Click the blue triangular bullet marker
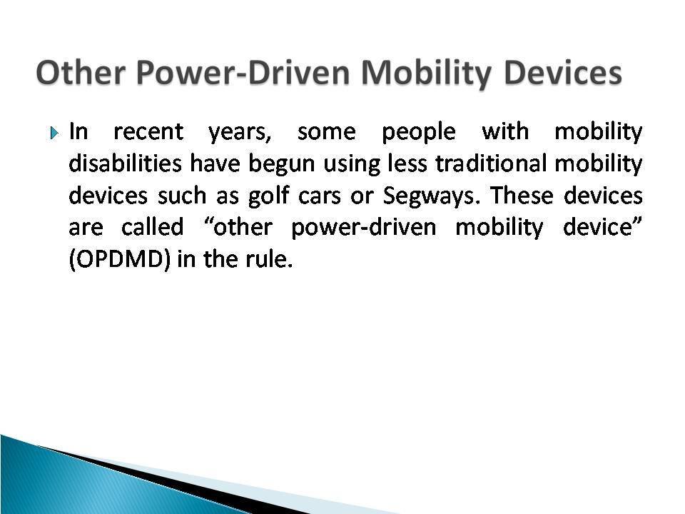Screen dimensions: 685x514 (54, 133)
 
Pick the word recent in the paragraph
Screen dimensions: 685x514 (148, 131)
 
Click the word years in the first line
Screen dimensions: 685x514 (240, 133)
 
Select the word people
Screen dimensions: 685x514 (419, 133)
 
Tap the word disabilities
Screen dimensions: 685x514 (125, 163)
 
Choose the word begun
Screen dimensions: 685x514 (282, 164)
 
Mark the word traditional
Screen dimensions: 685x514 (491, 163)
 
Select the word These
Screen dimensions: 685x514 (522, 195)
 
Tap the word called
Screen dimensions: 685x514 (152, 227)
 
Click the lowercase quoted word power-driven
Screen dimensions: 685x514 (363, 228)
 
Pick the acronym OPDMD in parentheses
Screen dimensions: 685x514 (119, 260)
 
